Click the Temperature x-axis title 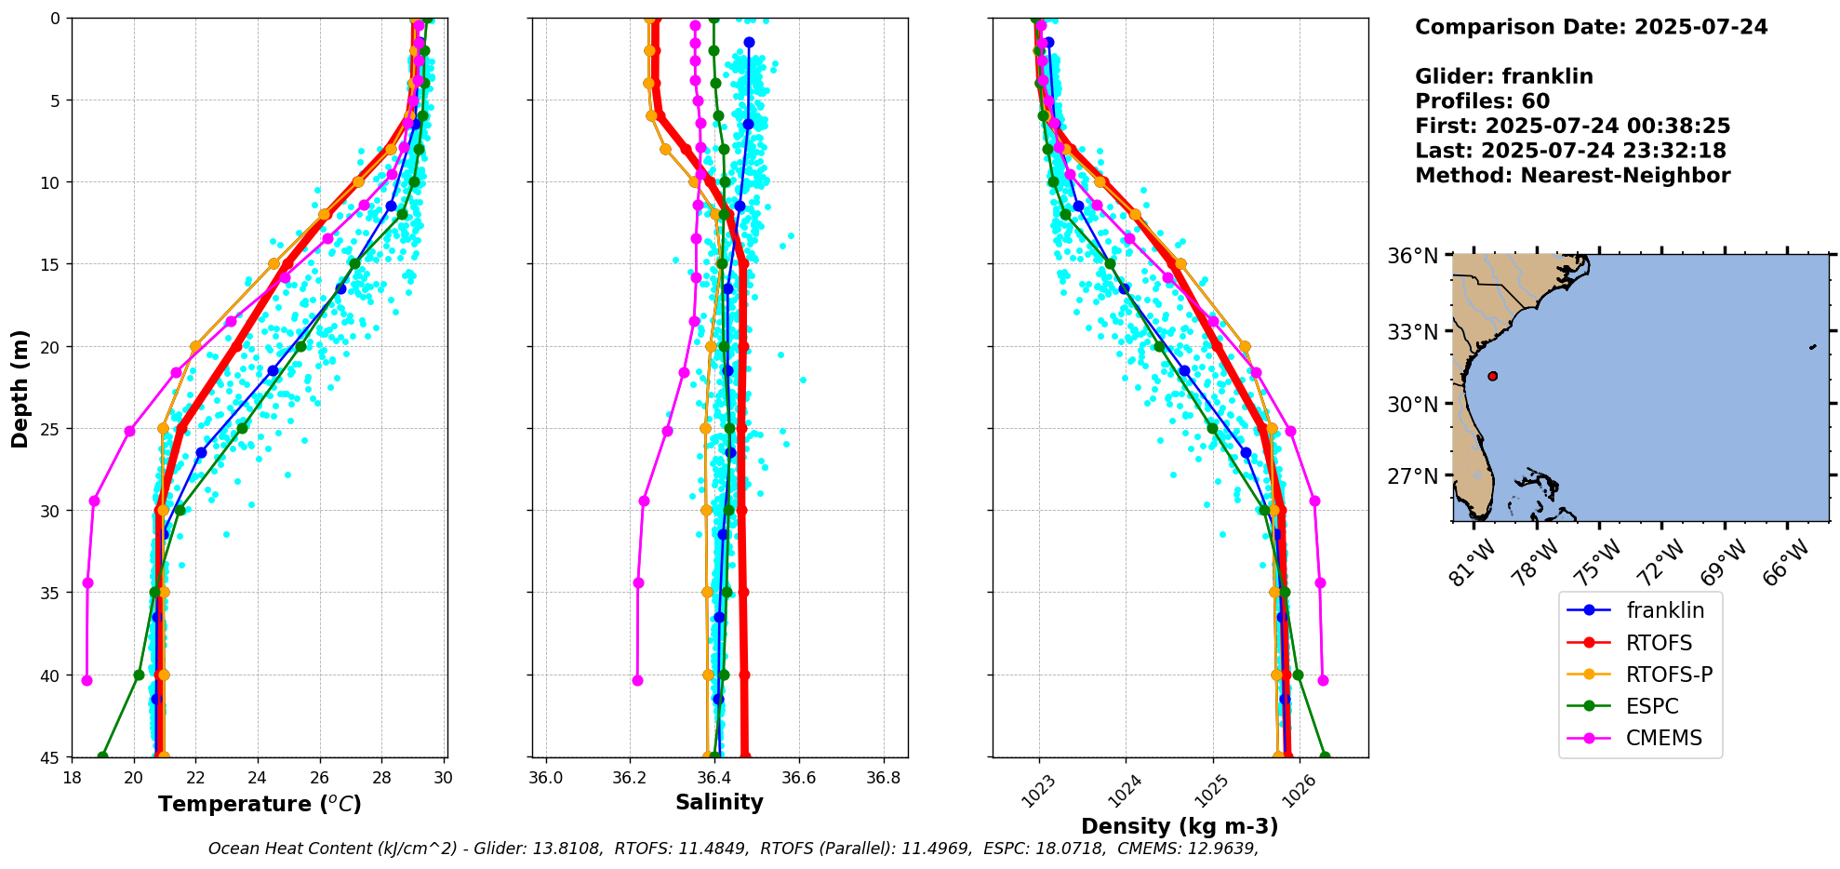tap(260, 804)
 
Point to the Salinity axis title tap(719, 802)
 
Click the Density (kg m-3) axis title tap(1180, 826)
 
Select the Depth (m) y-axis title tap(20, 388)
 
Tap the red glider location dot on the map tap(1492, 376)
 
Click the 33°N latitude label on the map tap(1414, 332)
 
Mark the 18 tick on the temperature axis tap(73, 777)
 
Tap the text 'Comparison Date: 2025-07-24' tap(1591, 27)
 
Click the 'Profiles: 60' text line tap(1482, 101)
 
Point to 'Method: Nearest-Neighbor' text tap(1572, 176)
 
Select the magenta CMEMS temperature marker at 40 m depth tap(87, 680)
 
